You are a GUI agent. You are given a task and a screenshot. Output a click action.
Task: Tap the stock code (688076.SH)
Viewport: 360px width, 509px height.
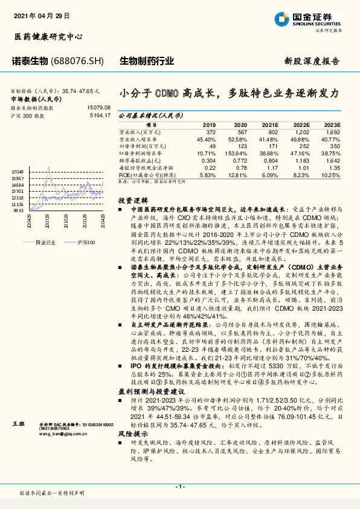(x=78, y=62)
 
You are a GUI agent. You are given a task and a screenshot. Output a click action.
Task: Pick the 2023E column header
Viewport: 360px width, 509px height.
(x=332, y=124)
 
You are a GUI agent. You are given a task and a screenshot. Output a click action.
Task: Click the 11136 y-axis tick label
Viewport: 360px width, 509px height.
(x=18, y=204)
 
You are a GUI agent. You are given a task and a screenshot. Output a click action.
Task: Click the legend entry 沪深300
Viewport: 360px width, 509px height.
(x=86, y=241)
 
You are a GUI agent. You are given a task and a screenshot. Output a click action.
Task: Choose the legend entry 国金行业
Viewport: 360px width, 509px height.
(x=46, y=241)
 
